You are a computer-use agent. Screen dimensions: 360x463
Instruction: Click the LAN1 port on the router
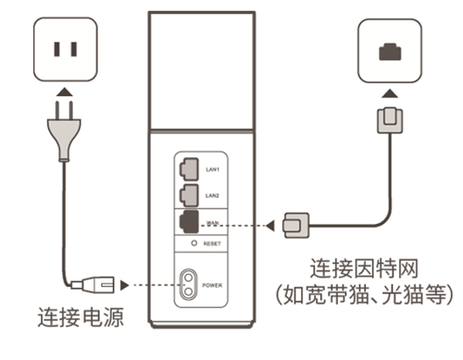tap(188, 168)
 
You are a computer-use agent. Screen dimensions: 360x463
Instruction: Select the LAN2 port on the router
tap(188, 195)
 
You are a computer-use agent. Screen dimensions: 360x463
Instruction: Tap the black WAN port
tap(188, 222)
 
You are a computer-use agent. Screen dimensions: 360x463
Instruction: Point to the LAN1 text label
tap(212, 169)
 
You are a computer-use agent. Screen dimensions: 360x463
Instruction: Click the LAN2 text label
tap(212, 196)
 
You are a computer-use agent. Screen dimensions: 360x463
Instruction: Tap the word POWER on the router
tap(215, 284)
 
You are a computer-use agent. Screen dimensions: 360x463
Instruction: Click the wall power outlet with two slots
tap(63, 48)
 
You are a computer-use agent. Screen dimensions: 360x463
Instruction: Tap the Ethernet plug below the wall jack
tap(388, 120)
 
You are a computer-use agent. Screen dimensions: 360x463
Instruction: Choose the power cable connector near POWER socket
tap(92, 283)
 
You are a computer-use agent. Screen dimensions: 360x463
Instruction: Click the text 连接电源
tap(80, 318)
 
